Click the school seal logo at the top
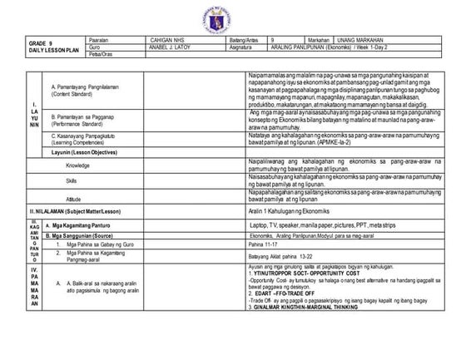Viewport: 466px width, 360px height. pos(232,17)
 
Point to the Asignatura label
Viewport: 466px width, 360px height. pos(244,47)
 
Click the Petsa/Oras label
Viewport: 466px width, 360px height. pos(99,55)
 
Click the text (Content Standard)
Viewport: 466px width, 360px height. pos(74,93)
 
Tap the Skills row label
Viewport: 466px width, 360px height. pos(72,180)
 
